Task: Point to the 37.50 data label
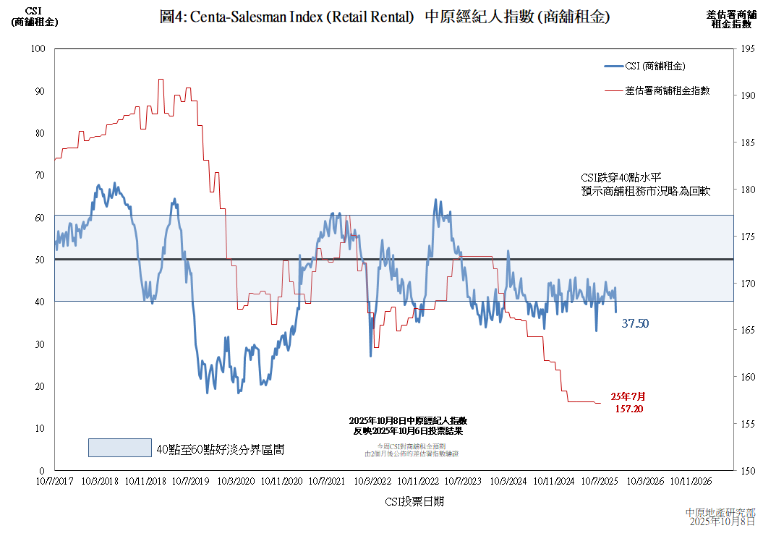point(635,324)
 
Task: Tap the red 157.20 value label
point(628,409)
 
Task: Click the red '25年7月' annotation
point(628,396)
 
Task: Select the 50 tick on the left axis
point(39,260)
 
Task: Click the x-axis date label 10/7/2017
point(54,480)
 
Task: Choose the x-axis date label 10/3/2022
point(372,480)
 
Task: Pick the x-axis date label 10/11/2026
point(691,480)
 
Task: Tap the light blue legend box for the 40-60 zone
point(120,448)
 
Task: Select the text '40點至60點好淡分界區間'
point(221,449)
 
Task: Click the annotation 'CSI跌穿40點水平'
point(621,177)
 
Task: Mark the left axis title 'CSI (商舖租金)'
point(35,17)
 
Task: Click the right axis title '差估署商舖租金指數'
point(732,20)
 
